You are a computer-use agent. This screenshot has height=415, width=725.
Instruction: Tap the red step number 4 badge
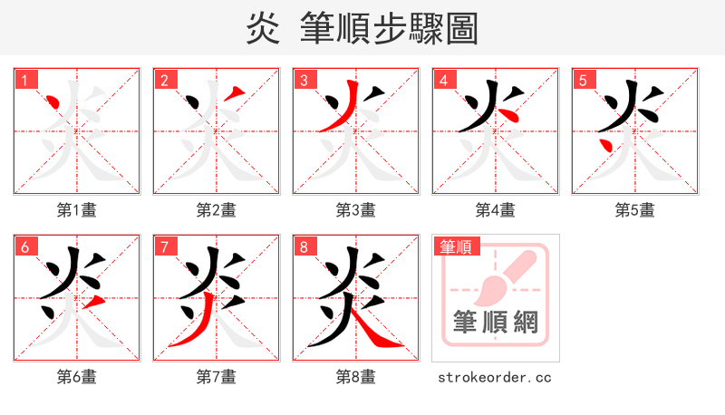443,80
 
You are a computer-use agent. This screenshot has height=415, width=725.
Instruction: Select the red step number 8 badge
304,246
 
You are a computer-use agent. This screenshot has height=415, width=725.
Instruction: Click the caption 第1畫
76,210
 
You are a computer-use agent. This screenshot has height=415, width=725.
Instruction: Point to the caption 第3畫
355,210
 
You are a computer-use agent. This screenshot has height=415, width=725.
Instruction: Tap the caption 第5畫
634,210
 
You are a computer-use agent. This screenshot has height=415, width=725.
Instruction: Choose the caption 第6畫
76,377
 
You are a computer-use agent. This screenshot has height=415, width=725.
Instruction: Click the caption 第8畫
355,377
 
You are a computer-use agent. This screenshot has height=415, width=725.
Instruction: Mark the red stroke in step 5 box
605,143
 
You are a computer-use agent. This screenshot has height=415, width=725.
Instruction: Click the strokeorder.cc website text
495,377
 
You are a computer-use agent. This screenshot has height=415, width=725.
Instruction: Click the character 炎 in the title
263,28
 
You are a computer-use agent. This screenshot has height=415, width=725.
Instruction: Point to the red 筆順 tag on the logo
455,246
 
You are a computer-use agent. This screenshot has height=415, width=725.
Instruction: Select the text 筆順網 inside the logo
495,322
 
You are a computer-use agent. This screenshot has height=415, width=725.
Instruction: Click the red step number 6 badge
24,246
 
